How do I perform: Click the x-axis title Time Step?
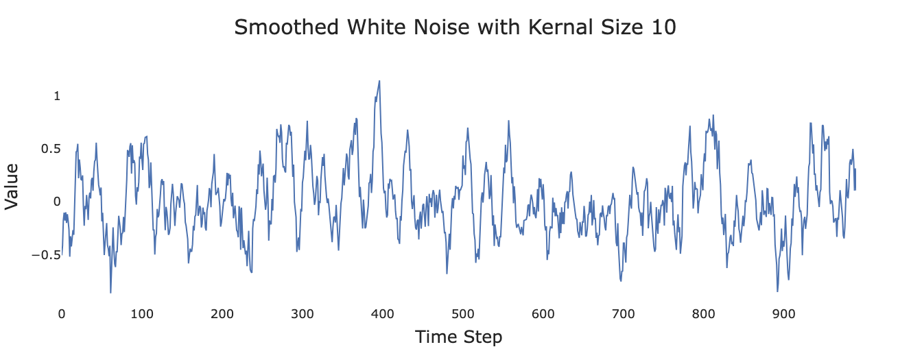point(458,337)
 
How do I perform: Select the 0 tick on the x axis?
point(62,314)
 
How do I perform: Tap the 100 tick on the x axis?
point(142,314)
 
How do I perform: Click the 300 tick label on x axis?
point(303,314)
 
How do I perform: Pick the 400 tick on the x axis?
point(383,314)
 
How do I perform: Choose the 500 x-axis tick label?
point(463,314)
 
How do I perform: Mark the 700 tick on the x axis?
point(624,314)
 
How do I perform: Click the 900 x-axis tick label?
point(784,314)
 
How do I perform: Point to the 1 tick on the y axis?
point(57,96)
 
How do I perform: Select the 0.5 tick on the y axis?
point(52,149)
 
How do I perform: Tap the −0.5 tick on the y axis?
point(46,255)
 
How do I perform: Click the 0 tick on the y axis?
point(57,202)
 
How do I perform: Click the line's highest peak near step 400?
point(379,81)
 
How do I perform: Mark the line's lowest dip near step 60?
point(110,293)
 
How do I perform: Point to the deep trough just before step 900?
point(777,291)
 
